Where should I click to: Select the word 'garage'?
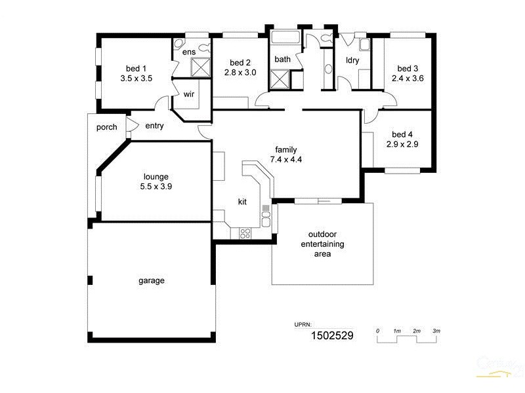[151, 280]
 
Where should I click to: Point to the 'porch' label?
[106, 127]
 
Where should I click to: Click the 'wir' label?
[189, 94]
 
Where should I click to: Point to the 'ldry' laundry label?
[352, 60]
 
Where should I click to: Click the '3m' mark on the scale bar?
[436, 331]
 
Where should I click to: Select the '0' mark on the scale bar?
[378, 331]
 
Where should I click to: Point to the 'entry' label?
[154, 126]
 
